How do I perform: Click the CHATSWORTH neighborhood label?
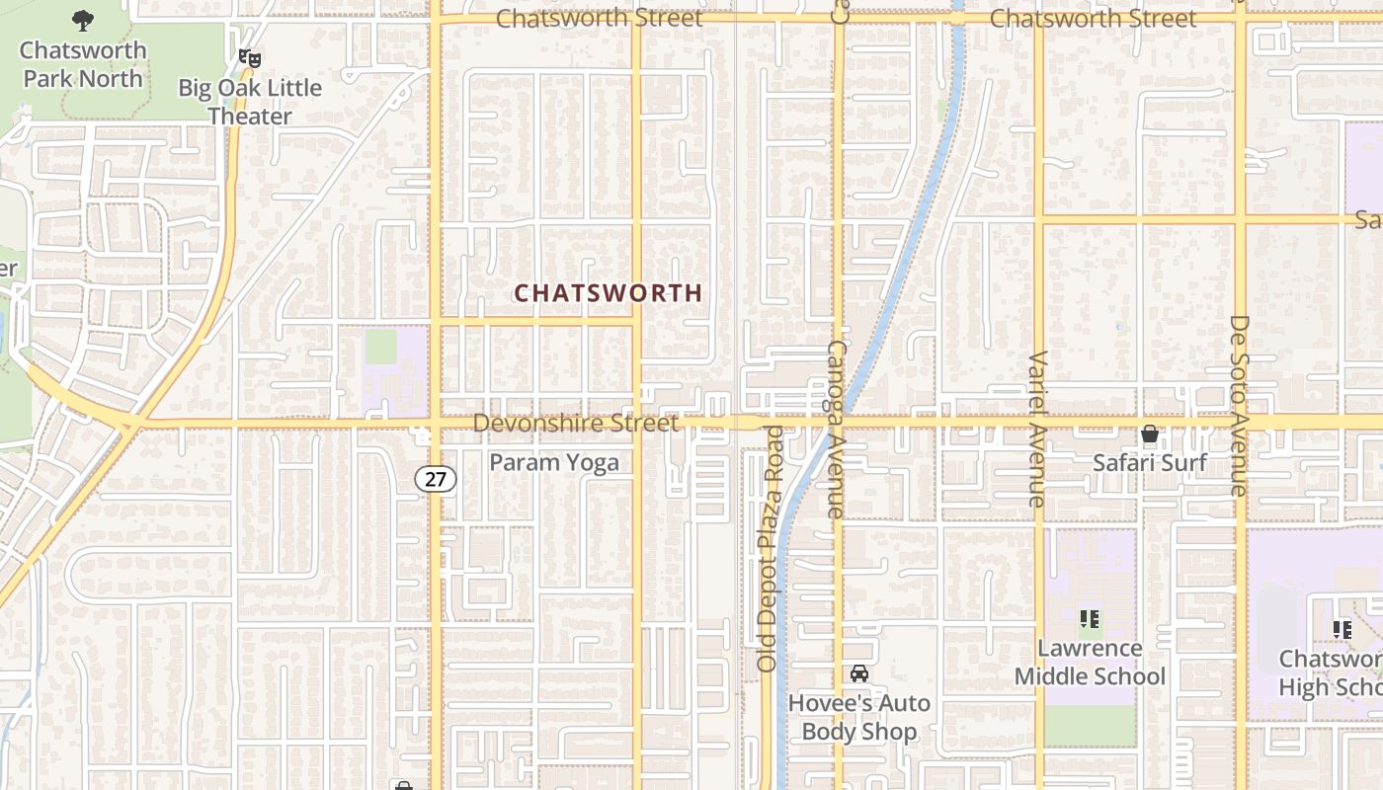(609, 293)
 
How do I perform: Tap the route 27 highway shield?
(435, 480)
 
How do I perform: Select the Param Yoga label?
(554, 462)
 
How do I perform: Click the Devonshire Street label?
(576, 424)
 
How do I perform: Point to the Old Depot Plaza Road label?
(769, 549)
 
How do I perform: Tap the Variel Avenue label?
(1037, 429)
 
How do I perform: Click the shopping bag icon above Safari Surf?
(1149, 434)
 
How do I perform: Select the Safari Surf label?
(1149, 462)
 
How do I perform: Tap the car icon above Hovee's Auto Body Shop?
(859, 673)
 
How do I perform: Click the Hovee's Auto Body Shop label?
(859, 717)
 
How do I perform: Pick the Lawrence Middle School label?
(1090, 663)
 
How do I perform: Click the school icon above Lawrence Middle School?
(1090, 619)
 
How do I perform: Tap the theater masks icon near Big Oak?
(250, 58)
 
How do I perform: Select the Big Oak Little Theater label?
(250, 102)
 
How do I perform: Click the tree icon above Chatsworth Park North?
(83, 19)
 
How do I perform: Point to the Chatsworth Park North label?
(83, 64)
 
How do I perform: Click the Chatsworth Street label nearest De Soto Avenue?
(1093, 19)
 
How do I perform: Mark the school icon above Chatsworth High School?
(1342, 629)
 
